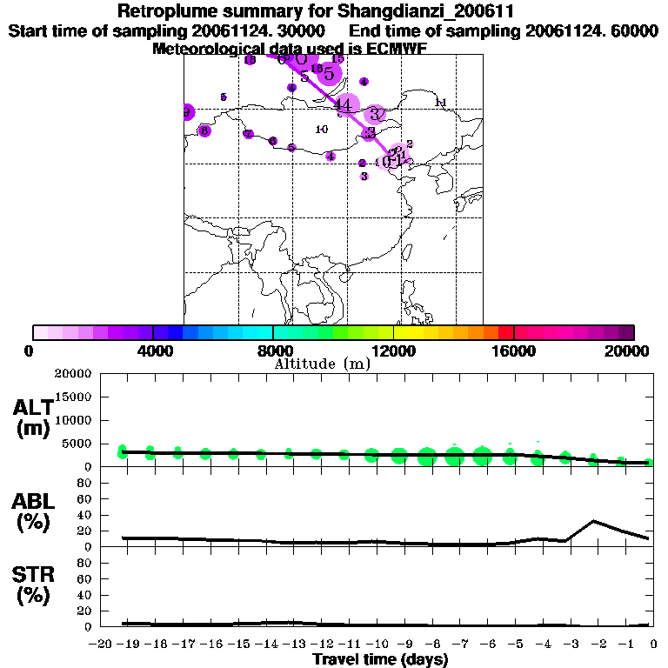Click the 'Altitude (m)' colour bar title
pos(322,364)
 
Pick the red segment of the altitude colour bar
pos(506,332)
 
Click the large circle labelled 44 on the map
pos(344,105)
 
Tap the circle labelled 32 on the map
pos(376,114)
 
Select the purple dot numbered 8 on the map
pos(204,130)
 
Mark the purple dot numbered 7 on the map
pos(249,134)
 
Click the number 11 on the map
pos(440,103)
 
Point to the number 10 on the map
pos(321,130)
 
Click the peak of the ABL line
pos(593,521)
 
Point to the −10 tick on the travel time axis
pos(377,645)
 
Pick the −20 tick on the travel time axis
pos(103,645)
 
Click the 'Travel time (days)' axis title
pos(380,660)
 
